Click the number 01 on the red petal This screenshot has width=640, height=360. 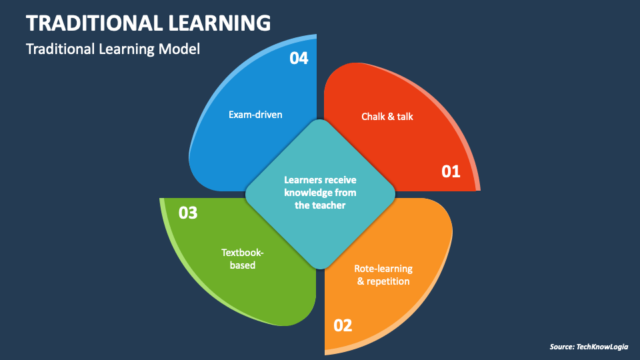(451, 171)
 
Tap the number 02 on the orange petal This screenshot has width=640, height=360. (342, 325)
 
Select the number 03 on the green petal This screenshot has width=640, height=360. (189, 213)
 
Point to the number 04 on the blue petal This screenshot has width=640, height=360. (299, 59)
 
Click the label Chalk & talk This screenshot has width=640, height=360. (387, 117)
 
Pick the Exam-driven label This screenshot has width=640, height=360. (255, 115)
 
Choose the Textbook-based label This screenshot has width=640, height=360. (238, 259)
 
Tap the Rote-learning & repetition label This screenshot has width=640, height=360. (383, 275)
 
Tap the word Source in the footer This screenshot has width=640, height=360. (561, 347)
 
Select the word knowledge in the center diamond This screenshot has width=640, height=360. (308, 193)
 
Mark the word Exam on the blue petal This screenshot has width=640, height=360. (239, 115)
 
